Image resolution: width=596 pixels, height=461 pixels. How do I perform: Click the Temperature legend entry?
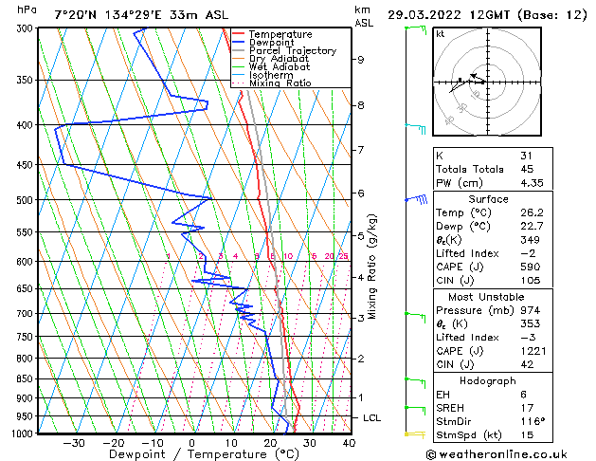[280, 34]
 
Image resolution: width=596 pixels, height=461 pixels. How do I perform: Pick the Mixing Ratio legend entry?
[280, 83]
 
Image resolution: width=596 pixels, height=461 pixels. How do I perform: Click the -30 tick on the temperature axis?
[73, 443]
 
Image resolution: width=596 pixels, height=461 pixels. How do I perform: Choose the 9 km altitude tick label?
[361, 59]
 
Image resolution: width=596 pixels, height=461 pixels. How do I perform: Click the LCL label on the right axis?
[373, 417]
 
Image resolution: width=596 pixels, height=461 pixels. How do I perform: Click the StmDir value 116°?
[532, 421]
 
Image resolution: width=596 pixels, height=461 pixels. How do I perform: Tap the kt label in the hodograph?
[441, 34]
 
